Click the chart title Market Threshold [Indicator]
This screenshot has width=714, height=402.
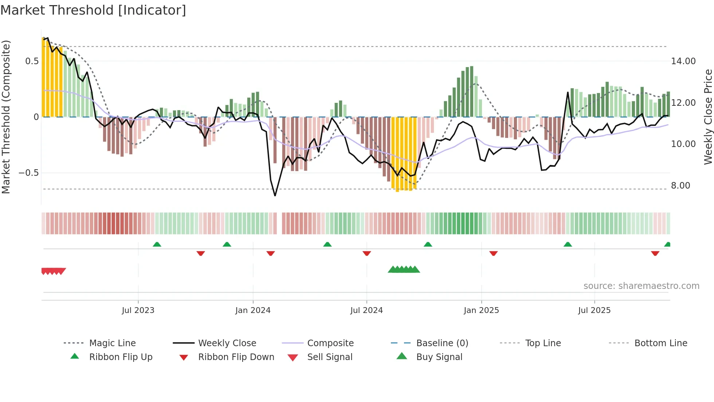[93, 10]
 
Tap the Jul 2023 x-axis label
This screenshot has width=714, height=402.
[138, 310]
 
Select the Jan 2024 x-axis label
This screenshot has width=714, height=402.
[253, 310]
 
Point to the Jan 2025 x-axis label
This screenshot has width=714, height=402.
[481, 310]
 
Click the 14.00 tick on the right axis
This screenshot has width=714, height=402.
[683, 61]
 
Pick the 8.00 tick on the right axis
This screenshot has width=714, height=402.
[680, 186]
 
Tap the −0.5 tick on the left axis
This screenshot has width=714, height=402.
[28, 173]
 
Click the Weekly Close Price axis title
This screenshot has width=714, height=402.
[708, 117]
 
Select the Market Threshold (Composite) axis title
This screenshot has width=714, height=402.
[6, 117]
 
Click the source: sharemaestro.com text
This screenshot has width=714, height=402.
[641, 286]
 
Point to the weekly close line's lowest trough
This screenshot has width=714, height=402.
[275, 196]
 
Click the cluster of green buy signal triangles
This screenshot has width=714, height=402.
[404, 270]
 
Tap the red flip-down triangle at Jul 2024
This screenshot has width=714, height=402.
[367, 253]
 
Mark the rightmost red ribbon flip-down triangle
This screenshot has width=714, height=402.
[655, 253]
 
